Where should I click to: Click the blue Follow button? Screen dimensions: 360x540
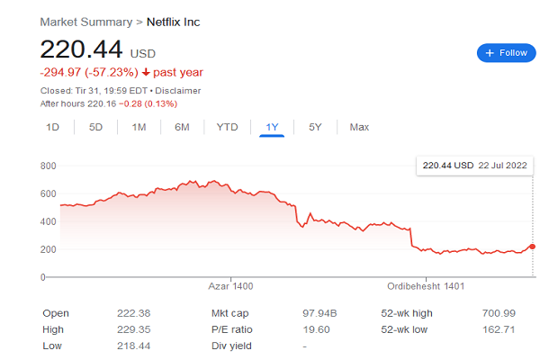(506, 53)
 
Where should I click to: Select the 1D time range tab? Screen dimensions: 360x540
(52, 127)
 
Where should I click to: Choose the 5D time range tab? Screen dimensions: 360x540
(95, 127)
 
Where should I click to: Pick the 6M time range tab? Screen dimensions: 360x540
(182, 127)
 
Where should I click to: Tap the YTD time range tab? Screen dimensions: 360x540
(227, 127)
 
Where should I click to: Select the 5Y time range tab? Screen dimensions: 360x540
(315, 127)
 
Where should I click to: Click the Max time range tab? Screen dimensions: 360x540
(359, 127)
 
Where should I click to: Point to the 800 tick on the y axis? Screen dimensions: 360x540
(49, 166)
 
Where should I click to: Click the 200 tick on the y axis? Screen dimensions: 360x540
(49, 248)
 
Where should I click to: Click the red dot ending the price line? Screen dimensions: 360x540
(533, 246)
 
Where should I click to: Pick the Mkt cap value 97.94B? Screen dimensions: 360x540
(321, 313)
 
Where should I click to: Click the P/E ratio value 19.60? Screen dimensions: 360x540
(316, 329)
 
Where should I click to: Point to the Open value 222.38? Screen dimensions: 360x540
(132, 313)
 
